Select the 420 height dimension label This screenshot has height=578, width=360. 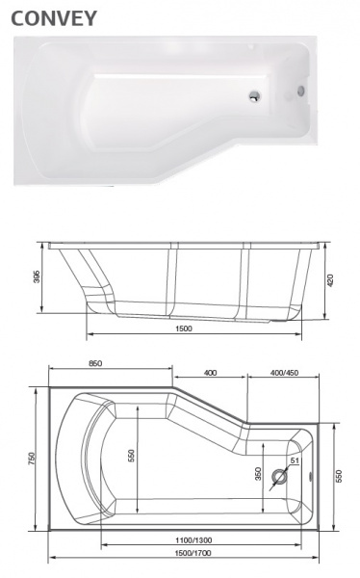[x=331, y=280]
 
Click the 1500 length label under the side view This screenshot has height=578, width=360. [x=184, y=328]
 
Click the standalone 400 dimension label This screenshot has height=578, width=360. [x=210, y=372]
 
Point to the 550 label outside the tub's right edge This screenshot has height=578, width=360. [x=338, y=476]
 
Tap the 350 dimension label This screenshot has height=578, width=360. [x=257, y=473]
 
